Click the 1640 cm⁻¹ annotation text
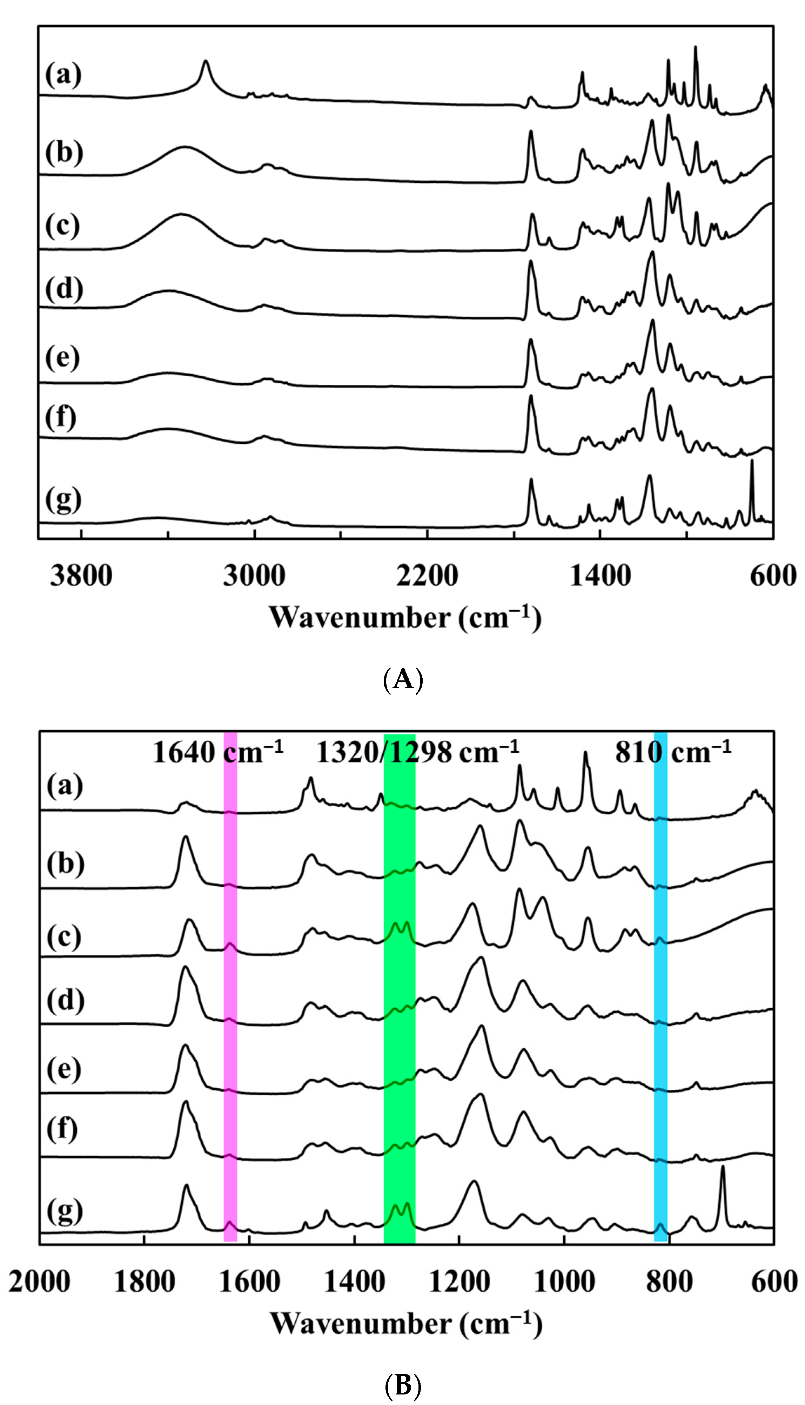tap(218, 752)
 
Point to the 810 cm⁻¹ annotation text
tap(673, 752)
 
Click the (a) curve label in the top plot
tap(63, 75)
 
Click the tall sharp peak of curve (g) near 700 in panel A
tap(751, 462)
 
